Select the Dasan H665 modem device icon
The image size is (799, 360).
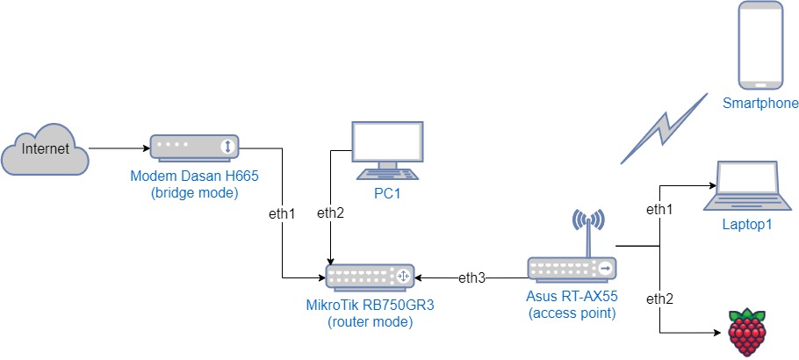pyautogui.click(x=195, y=147)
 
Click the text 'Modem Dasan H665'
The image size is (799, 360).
pyautogui.click(x=194, y=176)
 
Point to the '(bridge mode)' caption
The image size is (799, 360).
pyautogui.click(x=194, y=192)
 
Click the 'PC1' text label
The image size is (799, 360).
pyautogui.click(x=386, y=193)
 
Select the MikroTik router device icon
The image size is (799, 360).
pyautogui.click(x=369, y=277)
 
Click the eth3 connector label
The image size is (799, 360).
pyautogui.click(x=472, y=278)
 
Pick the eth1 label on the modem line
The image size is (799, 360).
pyautogui.click(x=282, y=212)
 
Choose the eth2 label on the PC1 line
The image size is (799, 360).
pyautogui.click(x=330, y=212)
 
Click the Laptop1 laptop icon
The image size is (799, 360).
pyautogui.click(x=747, y=185)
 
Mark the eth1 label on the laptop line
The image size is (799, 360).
pyautogui.click(x=659, y=210)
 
